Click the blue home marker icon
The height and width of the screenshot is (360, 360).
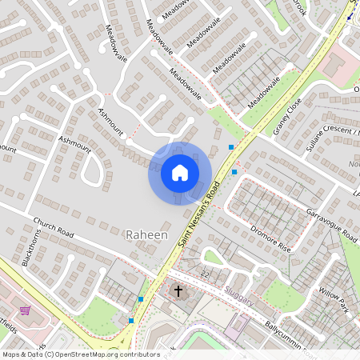180,172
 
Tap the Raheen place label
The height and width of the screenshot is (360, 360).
147,235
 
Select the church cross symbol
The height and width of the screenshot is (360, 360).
178,292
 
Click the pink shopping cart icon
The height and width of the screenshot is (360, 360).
25,310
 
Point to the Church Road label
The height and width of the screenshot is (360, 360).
54,229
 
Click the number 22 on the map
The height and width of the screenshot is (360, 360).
204,274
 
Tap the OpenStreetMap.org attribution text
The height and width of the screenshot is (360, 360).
104,354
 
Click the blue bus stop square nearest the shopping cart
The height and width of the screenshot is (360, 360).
131,320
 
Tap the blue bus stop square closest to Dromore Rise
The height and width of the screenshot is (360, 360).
234,172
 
